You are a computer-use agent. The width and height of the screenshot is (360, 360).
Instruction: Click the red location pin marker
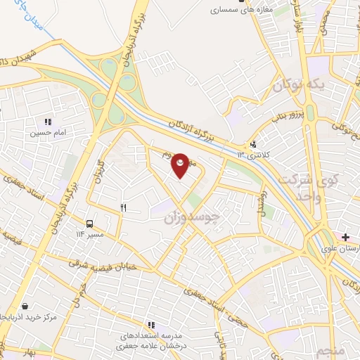pyautogui.click(x=181, y=165)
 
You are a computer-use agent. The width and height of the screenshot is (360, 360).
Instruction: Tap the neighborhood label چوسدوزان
pyautogui.click(x=192, y=219)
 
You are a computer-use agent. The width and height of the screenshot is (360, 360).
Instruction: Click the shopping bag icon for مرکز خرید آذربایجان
pyautogui.click(x=25, y=306)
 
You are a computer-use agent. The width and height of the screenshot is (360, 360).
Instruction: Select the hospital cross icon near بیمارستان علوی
pyautogui.click(x=345, y=238)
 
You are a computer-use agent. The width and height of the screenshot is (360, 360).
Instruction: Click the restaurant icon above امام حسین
pyautogui.click(x=47, y=121)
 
